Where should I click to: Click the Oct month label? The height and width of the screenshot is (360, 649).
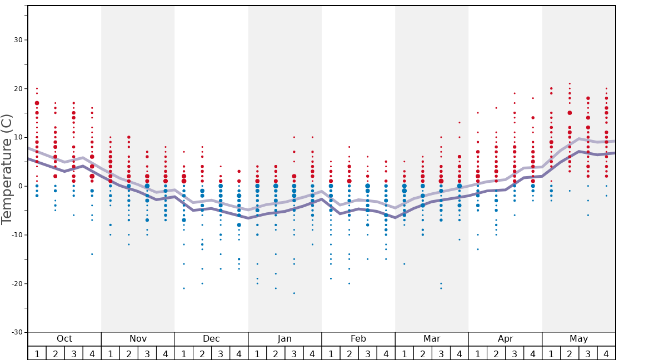coord(64,339)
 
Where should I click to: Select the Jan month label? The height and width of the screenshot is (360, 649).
coord(284,339)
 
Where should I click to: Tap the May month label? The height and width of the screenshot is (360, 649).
coord(578,339)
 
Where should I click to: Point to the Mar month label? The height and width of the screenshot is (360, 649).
coord(432,339)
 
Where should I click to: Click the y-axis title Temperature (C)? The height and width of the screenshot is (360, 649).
coord(7,169)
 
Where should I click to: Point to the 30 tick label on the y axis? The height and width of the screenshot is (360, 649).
coord(17,40)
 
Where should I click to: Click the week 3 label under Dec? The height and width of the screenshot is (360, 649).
coord(221,353)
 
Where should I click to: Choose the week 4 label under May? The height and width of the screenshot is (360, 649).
coord(606,353)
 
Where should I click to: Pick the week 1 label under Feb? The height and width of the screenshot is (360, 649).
coord(331,353)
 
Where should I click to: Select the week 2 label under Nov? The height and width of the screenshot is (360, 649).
coord(129,353)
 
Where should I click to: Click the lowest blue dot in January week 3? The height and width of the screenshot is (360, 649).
coord(294,293)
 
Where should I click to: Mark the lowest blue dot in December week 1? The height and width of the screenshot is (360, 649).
coord(184,288)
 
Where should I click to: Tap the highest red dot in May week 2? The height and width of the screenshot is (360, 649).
coord(570,83)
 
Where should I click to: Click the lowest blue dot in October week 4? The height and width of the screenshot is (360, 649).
coord(92,254)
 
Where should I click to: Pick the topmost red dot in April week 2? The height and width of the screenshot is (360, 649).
coord(496,108)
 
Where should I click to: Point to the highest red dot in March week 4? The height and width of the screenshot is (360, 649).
coord(460,122)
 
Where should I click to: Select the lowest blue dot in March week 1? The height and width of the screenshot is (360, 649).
coord(405,264)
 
